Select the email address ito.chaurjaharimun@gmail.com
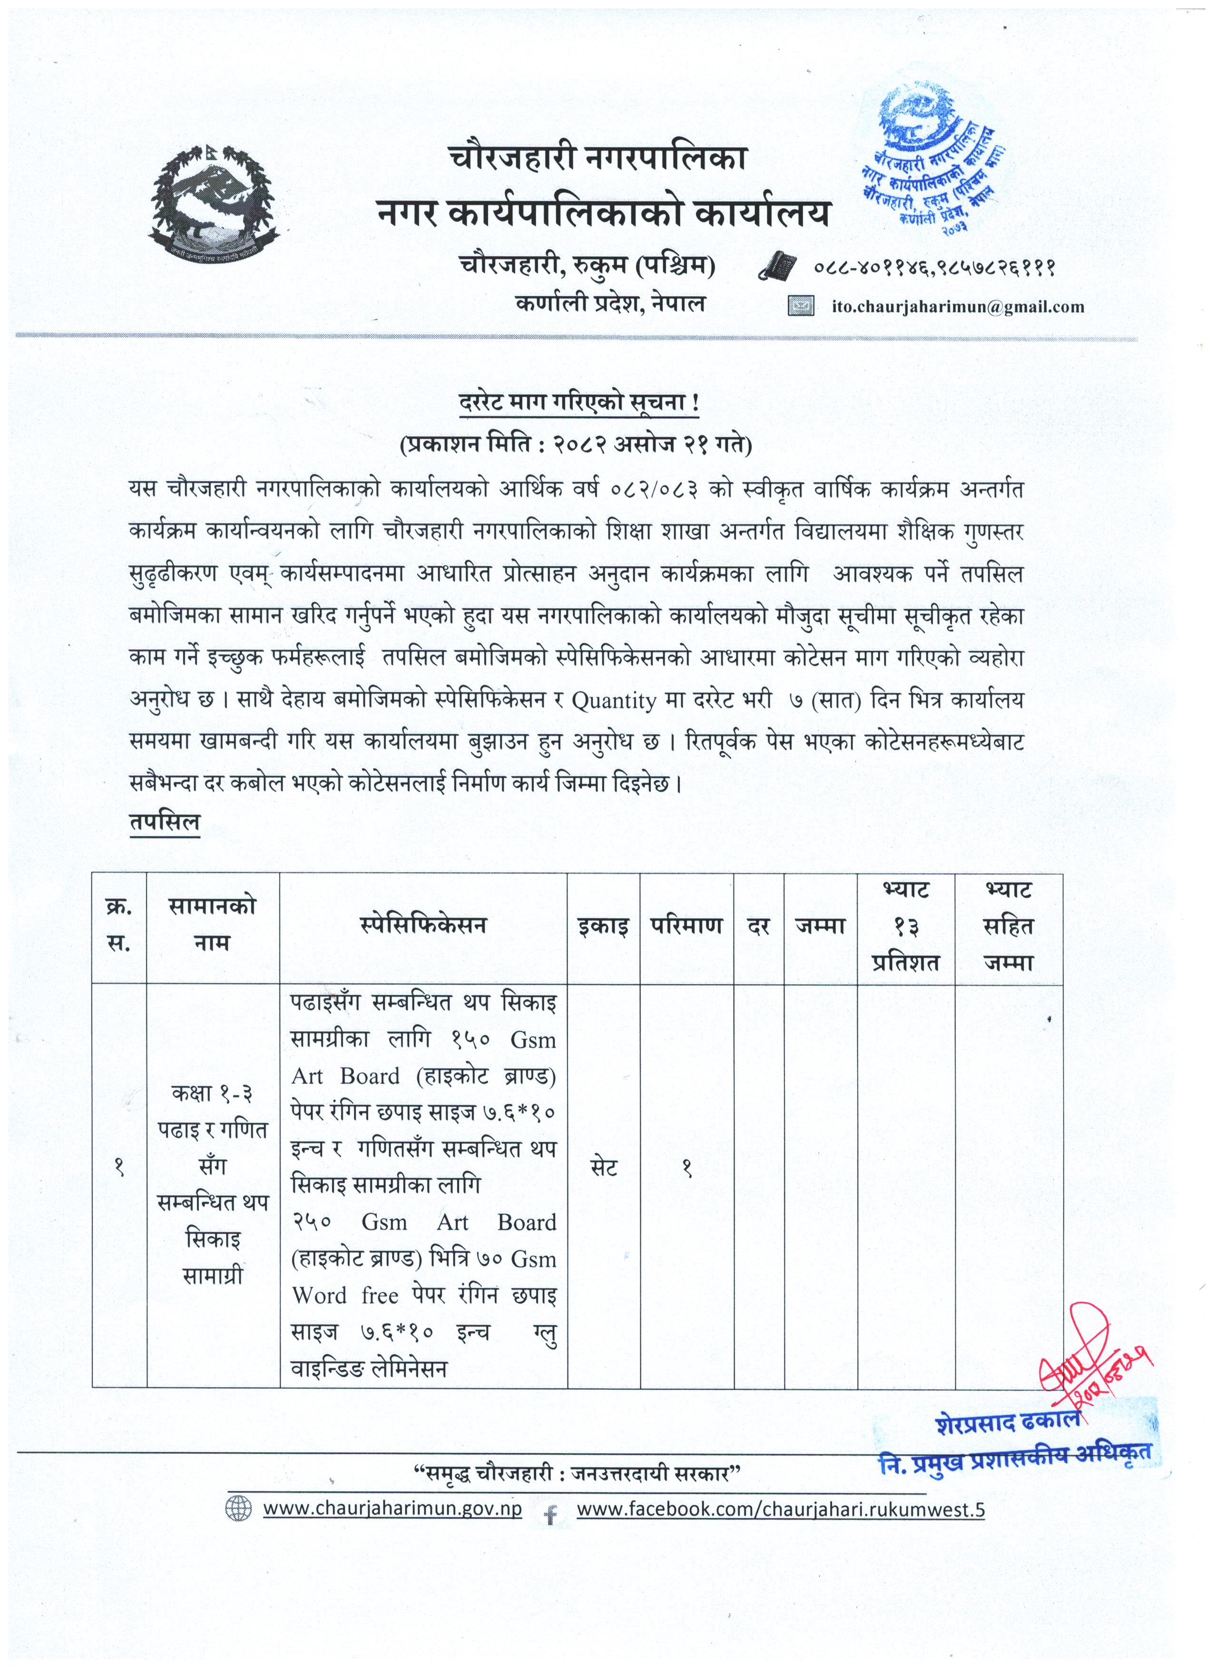click(958, 307)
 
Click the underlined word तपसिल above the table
click(164, 822)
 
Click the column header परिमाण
click(686, 926)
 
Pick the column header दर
click(758, 926)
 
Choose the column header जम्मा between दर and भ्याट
click(820, 926)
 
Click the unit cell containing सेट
click(603, 1167)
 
